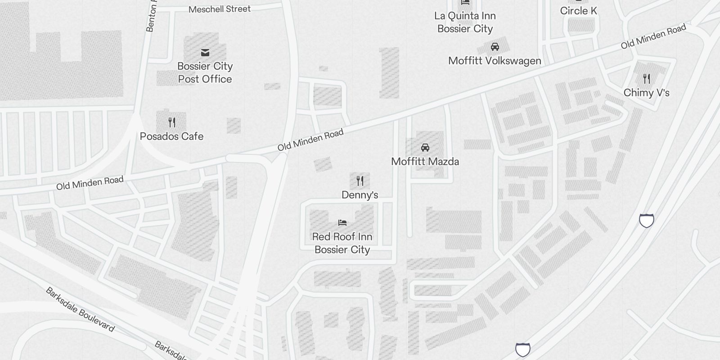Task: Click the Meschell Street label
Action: click(220, 9)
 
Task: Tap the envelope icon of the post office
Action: click(205, 53)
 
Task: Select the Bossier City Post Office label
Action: click(205, 72)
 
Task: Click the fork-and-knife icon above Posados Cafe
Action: click(172, 122)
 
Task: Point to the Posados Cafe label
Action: click(171, 136)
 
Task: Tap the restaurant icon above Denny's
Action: click(360, 181)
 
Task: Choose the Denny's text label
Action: click(360, 195)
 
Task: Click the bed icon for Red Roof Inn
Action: click(342, 222)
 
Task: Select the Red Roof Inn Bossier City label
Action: click(342, 243)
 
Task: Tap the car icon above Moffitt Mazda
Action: click(425, 148)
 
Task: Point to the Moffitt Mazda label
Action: click(425, 162)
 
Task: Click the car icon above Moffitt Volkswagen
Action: click(495, 47)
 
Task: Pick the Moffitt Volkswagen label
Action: click(495, 61)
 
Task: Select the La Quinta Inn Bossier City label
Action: click(465, 22)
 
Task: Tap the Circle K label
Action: click(578, 11)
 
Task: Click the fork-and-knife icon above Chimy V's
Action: click(647, 79)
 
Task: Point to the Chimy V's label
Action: click(646, 93)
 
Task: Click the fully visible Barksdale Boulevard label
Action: click(80, 309)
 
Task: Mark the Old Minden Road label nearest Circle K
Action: click(653, 36)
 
